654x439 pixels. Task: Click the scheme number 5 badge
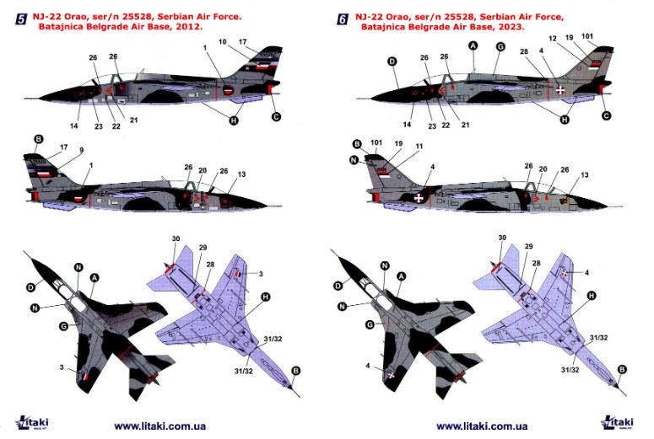pos(21,19)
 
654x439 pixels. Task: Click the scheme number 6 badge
pos(343,19)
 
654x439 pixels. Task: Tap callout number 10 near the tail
pos(222,41)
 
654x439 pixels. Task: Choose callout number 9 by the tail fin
pos(81,150)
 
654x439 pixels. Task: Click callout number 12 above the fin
pos(553,38)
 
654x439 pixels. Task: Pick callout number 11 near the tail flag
pos(419,147)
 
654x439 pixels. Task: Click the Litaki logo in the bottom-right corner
pos(618,422)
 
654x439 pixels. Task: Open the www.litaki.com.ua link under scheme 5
pos(159,426)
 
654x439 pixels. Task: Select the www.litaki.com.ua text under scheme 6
pos(482,426)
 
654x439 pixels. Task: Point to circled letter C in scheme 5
pos(276,116)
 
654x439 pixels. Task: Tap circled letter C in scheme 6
pos(607,115)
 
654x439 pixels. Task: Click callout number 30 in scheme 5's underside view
pos(176,238)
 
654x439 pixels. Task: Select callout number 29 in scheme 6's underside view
pos(528,246)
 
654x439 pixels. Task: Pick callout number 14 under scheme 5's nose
pos(73,126)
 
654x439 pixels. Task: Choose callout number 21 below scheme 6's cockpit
pos(465,125)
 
